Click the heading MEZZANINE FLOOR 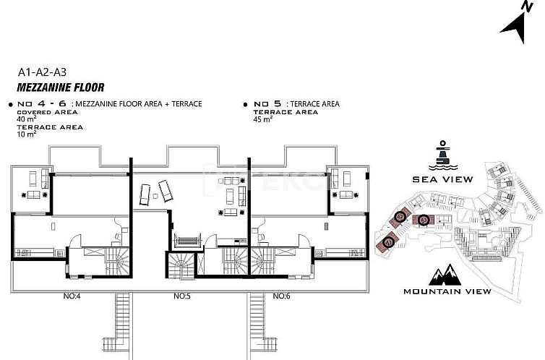tap(61, 88)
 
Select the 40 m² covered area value tap(26, 119)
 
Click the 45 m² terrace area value tap(262, 119)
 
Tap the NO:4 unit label tap(71, 296)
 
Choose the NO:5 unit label tap(181, 296)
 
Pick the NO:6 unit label tap(282, 296)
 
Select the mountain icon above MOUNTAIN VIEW tap(442, 275)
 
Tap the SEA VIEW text tap(442, 179)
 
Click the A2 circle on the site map tap(422, 219)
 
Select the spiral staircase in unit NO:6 tap(262, 261)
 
